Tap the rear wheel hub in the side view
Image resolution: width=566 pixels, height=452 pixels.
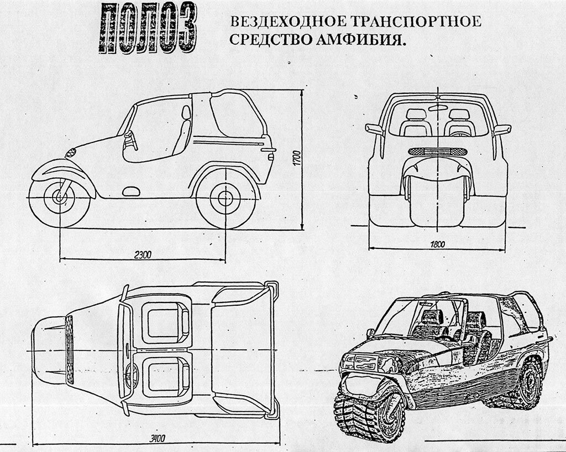226,198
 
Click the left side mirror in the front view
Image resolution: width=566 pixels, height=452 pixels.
374,130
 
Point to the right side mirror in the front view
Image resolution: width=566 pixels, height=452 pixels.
501,130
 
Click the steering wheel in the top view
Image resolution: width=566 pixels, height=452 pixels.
131,375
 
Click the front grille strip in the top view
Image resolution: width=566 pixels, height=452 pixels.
70,350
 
